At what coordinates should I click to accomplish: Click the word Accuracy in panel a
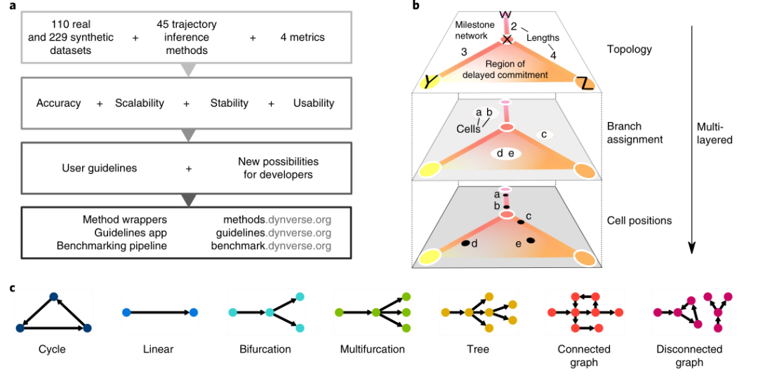[x=58, y=103]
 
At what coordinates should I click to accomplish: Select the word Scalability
[x=139, y=103]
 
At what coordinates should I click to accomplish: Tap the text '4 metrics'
[x=297, y=37]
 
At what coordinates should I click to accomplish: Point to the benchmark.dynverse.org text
[x=271, y=246]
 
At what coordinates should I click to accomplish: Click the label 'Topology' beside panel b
[x=630, y=50]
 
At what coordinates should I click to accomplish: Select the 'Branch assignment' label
[x=634, y=133]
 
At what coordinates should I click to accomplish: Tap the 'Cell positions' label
[x=639, y=220]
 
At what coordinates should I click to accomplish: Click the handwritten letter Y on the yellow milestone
[x=429, y=81]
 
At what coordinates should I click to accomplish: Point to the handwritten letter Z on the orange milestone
[x=585, y=83]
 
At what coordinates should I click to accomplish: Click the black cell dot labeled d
[x=465, y=243]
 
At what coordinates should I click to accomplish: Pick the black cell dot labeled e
[x=531, y=241]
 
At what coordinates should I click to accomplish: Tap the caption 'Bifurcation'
[x=265, y=349]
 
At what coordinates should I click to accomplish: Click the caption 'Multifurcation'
[x=372, y=349]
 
